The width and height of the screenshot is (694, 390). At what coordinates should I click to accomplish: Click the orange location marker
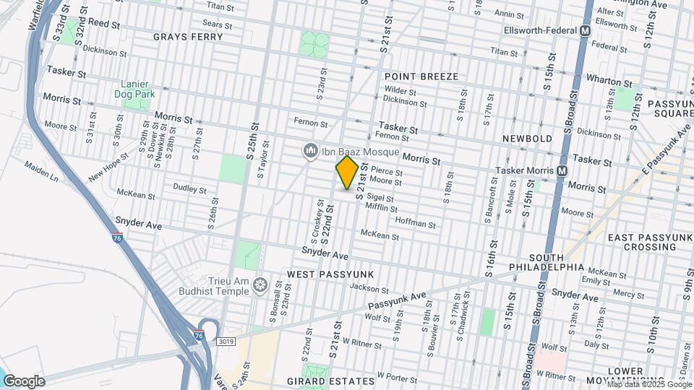347,173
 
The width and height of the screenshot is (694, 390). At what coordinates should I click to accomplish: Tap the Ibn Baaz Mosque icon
311,149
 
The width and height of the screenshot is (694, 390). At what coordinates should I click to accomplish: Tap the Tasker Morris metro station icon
562,170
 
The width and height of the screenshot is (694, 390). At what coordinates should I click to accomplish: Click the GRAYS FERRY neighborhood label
183,35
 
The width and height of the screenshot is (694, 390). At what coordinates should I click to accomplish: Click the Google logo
23,381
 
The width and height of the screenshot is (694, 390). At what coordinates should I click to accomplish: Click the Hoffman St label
415,224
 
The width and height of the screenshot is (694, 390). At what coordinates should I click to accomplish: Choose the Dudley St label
190,188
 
